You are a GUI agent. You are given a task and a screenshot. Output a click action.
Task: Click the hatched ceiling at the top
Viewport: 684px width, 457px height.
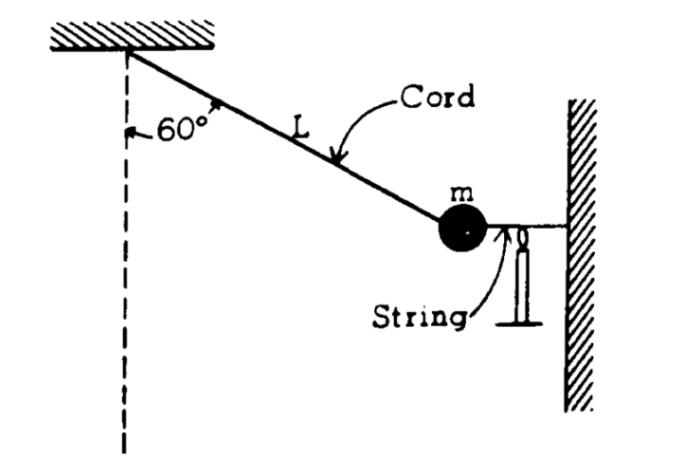click(132, 36)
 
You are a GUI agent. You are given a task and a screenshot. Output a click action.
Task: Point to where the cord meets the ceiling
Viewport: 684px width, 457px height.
click(130, 51)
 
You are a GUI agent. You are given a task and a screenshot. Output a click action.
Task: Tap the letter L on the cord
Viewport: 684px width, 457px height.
click(301, 130)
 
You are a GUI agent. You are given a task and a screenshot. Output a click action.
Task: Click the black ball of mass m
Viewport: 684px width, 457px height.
click(462, 229)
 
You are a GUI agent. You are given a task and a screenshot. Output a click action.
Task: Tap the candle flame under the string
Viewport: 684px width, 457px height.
click(522, 239)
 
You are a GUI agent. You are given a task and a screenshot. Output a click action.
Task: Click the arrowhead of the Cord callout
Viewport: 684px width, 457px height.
click(337, 160)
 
